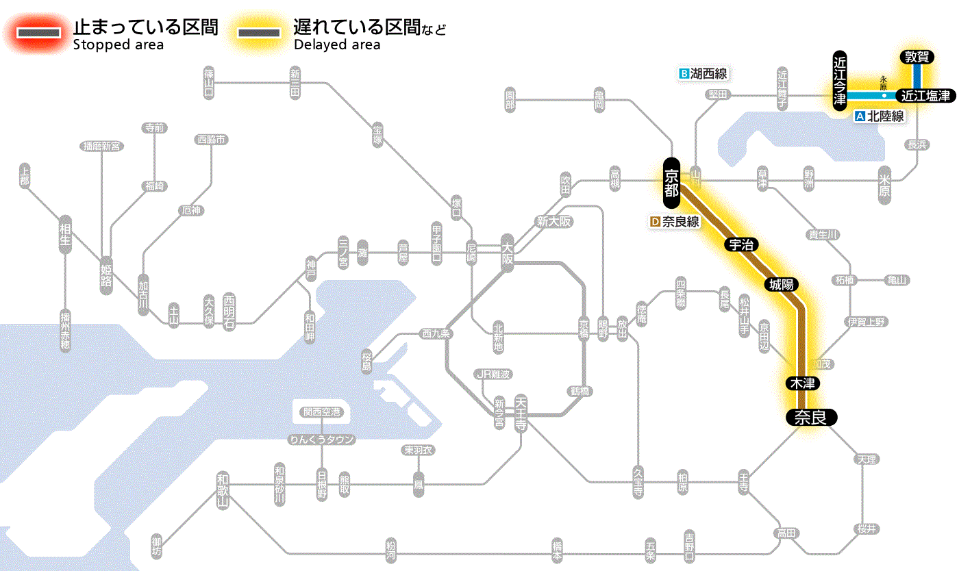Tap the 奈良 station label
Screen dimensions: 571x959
810,417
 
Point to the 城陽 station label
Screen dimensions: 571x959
782,284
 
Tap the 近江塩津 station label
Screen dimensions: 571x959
925,96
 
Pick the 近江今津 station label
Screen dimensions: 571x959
840,79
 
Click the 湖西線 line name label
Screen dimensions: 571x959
703,73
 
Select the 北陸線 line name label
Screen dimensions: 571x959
880,116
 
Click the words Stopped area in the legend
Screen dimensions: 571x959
119,45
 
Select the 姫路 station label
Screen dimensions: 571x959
106,274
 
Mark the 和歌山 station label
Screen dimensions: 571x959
223,489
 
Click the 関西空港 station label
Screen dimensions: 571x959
321,412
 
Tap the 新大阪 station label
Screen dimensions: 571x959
553,222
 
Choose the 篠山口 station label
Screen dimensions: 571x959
209,82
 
